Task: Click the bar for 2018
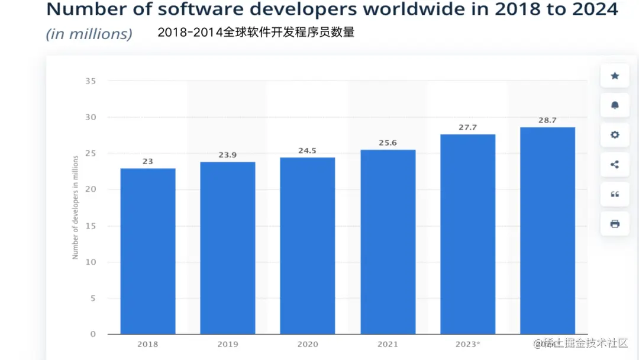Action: (148, 251)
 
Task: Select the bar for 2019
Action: (228, 248)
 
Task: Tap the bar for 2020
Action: (308, 246)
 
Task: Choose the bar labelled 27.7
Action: (468, 234)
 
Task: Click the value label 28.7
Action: (547, 120)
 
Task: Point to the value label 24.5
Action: (308, 150)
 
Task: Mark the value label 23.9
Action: (228, 155)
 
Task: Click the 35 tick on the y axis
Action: (90, 81)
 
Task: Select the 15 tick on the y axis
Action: (90, 226)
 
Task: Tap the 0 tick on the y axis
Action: (93, 335)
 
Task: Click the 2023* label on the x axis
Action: (468, 344)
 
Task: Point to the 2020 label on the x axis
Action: (308, 344)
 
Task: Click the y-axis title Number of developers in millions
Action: (76, 207)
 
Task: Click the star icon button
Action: (615, 76)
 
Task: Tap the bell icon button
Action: (615, 105)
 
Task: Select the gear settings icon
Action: (615, 135)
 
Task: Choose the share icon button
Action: (615, 165)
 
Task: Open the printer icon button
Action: (615, 224)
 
